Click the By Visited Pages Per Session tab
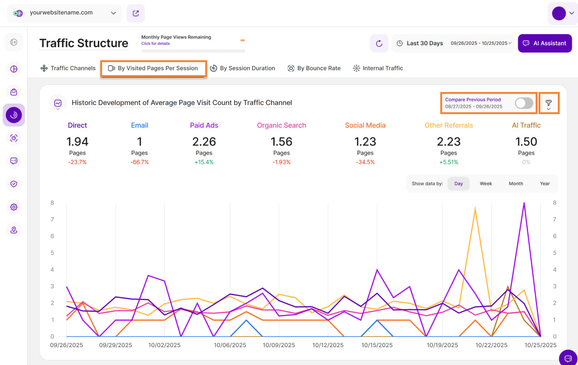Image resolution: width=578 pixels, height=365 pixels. tap(153, 68)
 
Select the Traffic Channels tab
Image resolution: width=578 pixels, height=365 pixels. tap(68, 68)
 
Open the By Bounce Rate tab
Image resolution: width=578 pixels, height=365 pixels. tap(314, 68)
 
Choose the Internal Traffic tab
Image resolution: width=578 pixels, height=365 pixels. tap(378, 68)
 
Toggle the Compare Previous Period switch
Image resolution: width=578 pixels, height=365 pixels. tap(524, 103)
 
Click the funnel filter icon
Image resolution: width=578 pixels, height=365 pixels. tap(548, 103)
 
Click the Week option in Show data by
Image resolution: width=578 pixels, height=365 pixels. tap(486, 183)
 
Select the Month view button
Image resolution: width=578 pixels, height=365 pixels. tap(515, 183)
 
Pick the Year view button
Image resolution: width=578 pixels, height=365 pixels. tap(545, 183)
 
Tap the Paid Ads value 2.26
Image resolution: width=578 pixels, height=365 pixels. tap(204, 142)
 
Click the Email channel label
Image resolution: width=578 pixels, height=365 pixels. tap(140, 125)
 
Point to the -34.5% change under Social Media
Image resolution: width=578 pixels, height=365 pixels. tap(365, 162)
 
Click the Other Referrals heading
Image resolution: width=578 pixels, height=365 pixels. tap(448, 125)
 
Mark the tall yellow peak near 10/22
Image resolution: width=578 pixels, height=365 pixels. tap(475, 209)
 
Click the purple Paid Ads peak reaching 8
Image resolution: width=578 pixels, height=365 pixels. tap(524, 203)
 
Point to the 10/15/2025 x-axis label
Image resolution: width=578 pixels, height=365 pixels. tap(377, 345)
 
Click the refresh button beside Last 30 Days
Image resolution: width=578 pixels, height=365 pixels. tap(379, 43)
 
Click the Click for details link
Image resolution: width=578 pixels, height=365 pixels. tap(155, 44)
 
